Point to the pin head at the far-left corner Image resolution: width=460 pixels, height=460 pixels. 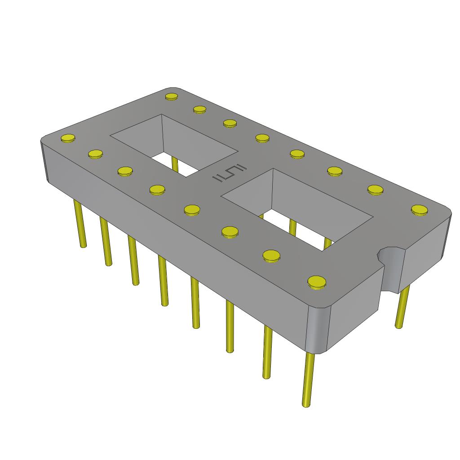[68, 138]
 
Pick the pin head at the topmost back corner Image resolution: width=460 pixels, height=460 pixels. [172, 96]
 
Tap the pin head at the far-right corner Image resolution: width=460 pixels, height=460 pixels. [419, 209]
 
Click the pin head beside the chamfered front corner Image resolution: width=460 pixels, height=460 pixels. [317, 282]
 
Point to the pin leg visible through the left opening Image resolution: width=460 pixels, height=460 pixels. [175, 164]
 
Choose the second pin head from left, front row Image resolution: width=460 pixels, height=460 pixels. [96, 155]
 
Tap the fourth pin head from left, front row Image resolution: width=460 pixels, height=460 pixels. [157, 190]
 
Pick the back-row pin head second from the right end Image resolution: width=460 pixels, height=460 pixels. [376, 189]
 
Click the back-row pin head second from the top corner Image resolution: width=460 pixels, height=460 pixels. [200, 109]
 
